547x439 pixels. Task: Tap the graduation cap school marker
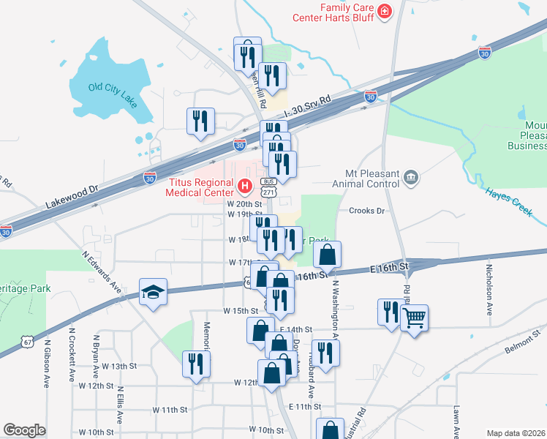point(153,292)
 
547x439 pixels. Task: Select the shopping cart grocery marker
point(414,318)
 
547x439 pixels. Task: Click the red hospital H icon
point(245,187)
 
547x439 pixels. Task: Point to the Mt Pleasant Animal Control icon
point(411,176)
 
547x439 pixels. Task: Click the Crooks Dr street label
point(367,211)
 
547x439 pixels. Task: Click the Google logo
point(24,430)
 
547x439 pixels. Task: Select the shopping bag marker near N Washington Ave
point(328,255)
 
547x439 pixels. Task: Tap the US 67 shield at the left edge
point(27,341)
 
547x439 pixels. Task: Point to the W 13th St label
point(120,366)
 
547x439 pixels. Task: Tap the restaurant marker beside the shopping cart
point(388,312)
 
